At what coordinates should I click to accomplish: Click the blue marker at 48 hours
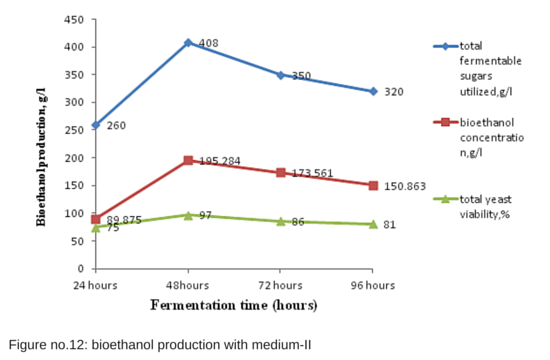pyautogui.click(x=188, y=43)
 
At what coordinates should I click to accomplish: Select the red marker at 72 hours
pyautogui.click(x=281, y=172)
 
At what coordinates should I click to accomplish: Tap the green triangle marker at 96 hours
pyautogui.click(x=373, y=224)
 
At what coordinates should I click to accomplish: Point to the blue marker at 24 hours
pyautogui.click(x=96, y=125)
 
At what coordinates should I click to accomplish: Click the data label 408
pyautogui.click(x=208, y=44)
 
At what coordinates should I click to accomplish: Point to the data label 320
pyautogui.click(x=394, y=92)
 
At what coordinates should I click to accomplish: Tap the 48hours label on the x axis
pyautogui.click(x=188, y=285)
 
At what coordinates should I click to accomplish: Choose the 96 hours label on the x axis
pyautogui.click(x=373, y=285)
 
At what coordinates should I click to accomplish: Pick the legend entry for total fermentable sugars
pyautogui.click(x=488, y=67)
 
